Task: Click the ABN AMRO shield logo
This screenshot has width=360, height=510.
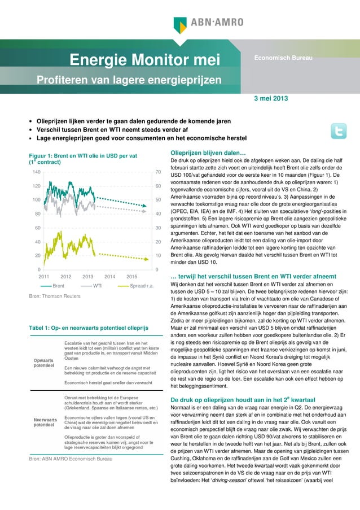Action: click(181, 23)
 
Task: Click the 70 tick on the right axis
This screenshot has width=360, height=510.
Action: click(159, 172)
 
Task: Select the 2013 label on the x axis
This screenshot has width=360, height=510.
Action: click(87, 277)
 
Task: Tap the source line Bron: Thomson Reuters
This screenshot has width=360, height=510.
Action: click(54, 297)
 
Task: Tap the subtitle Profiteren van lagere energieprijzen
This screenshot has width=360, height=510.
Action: click(129, 80)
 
